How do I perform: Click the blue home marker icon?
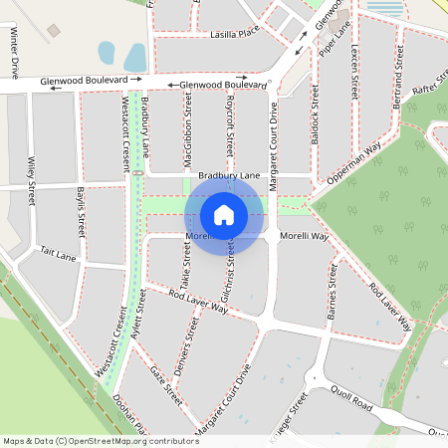(x=224, y=215)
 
